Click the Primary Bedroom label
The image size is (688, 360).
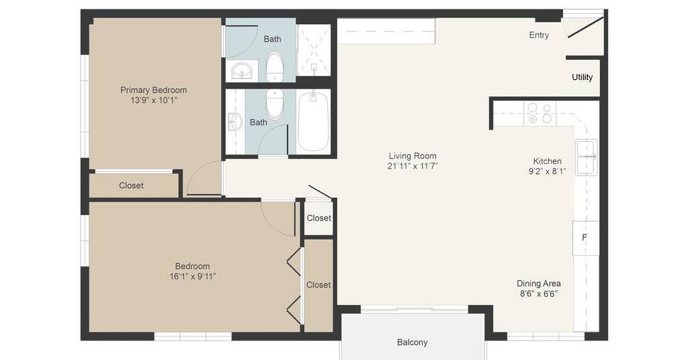point(154,90)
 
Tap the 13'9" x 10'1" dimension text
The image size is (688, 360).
point(154,101)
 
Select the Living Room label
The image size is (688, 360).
point(413,156)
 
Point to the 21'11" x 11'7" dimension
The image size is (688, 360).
point(413,166)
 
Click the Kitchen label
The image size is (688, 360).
point(547,161)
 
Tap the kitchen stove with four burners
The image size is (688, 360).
point(540,114)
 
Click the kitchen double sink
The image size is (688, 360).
point(587,157)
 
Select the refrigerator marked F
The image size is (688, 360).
point(586,238)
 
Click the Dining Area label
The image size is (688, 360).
point(538,283)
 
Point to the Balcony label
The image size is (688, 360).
point(412,342)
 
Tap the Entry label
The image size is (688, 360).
point(539,35)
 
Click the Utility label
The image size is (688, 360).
point(583,77)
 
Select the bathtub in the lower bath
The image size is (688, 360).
point(313,122)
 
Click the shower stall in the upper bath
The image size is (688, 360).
point(314,50)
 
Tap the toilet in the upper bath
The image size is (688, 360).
point(275,67)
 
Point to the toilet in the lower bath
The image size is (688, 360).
point(275,104)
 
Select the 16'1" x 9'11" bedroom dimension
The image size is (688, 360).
point(193,277)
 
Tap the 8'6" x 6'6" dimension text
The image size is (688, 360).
point(538,294)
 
